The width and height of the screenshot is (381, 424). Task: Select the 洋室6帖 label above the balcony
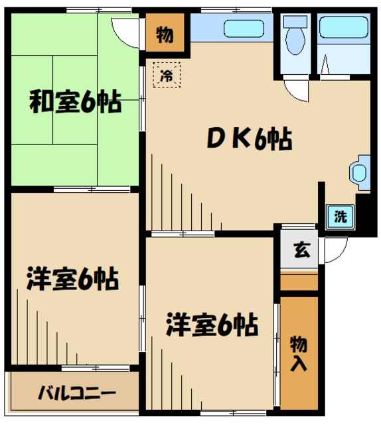click(x=72, y=279)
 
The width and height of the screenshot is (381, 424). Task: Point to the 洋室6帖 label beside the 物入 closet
click(x=211, y=325)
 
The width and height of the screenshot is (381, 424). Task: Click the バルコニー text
click(x=76, y=392)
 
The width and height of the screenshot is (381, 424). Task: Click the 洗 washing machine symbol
click(x=340, y=215)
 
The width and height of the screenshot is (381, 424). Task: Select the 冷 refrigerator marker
click(x=167, y=76)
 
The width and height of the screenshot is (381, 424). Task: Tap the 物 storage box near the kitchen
click(x=164, y=35)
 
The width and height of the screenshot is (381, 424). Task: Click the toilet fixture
click(x=294, y=36)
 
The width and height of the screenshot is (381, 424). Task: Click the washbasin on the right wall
click(x=358, y=172)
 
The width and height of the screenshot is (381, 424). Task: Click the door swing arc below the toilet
click(x=295, y=91)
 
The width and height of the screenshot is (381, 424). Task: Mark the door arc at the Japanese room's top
click(x=124, y=28)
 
